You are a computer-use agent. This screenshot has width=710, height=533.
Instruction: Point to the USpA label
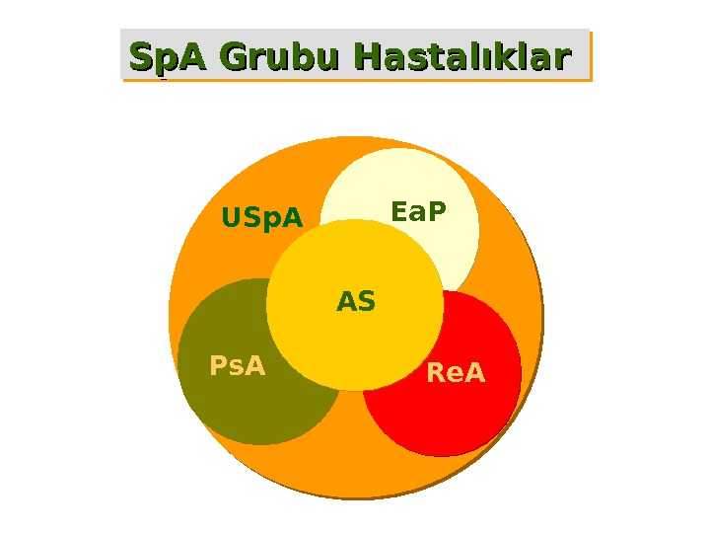(x=262, y=217)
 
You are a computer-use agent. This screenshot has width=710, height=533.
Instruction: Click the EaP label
(x=418, y=212)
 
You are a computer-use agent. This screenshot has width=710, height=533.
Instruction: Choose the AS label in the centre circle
(x=356, y=301)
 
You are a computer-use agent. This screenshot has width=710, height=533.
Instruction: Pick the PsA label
(x=238, y=366)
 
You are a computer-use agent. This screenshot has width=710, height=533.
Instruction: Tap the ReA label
(x=456, y=374)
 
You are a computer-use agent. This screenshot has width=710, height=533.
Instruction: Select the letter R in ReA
(x=436, y=374)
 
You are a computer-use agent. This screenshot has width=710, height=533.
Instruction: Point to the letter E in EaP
(x=399, y=212)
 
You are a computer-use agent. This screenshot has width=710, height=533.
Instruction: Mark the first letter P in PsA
(x=218, y=366)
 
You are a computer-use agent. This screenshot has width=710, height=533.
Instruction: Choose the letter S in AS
(x=366, y=301)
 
